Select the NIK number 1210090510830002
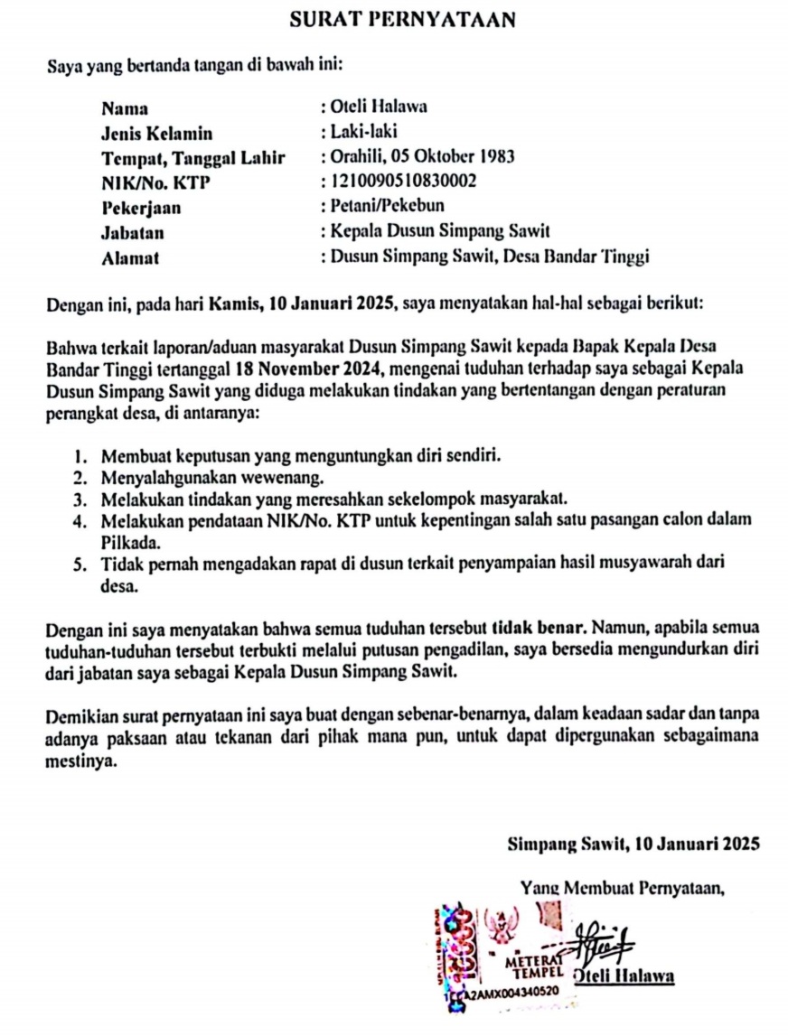coord(404,182)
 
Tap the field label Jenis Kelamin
coord(157,134)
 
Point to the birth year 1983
coord(496,156)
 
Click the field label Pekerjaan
coord(142,208)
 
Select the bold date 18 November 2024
coord(320,369)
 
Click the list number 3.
coord(80,498)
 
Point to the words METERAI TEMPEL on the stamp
coord(537,971)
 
